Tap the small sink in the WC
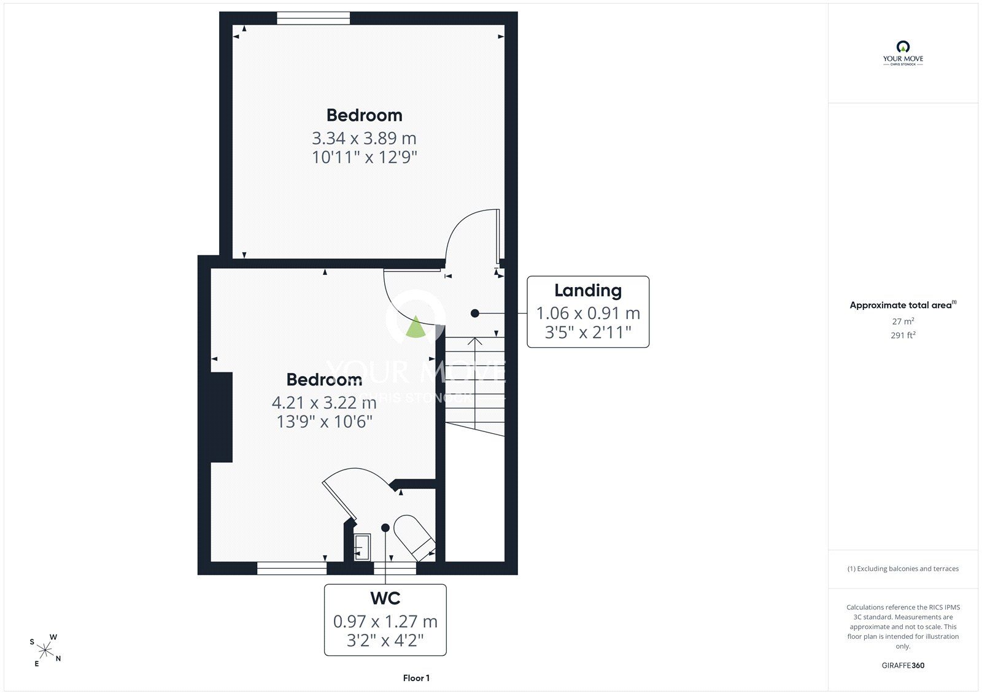(362, 547)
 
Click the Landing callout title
(588, 290)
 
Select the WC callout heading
(385, 598)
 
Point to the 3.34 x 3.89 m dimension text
(364, 138)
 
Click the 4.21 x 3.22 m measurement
(324, 403)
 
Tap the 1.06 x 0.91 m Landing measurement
(588, 313)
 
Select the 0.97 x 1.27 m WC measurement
(385, 621)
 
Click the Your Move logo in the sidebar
(903, 53)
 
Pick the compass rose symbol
(45, 650)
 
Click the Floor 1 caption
(416, 678)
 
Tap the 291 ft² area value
(903, 335)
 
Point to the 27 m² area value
(903, 321)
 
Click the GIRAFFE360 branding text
(903, 665)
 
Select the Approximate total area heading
(903, 305)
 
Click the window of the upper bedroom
(314, 18)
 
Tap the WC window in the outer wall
(395, 568)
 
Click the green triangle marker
(415, 327)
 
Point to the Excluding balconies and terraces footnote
(903, 569)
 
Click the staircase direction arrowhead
(475, 341)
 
